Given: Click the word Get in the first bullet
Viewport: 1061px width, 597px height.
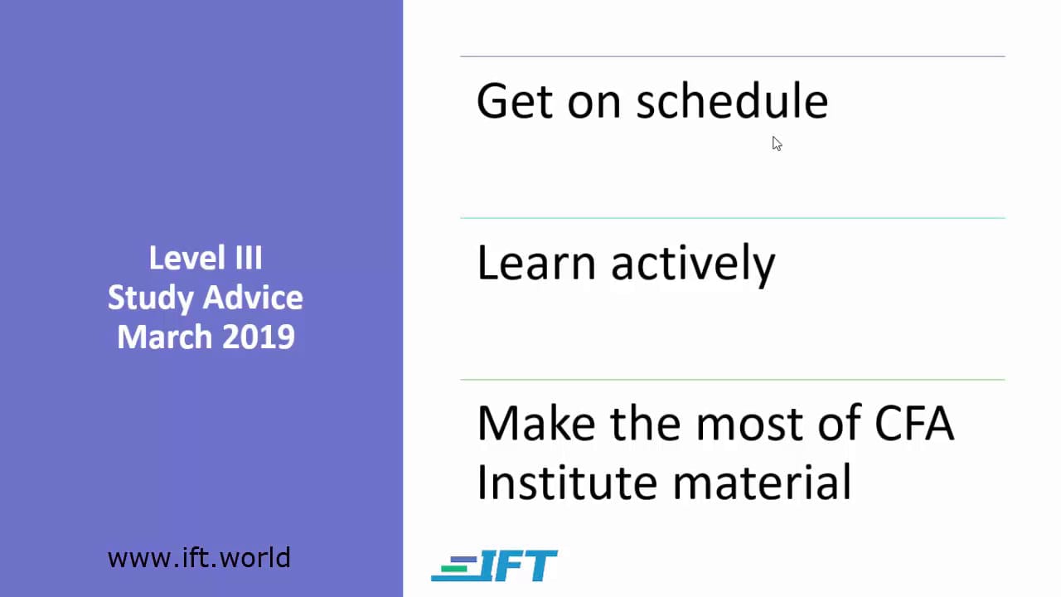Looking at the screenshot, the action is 515,101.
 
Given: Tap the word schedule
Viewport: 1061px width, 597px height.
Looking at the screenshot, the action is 732,100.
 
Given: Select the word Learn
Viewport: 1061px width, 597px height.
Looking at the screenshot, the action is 535,262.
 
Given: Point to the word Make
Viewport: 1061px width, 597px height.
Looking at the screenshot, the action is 536,423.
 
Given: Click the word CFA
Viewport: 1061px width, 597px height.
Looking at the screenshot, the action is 914,423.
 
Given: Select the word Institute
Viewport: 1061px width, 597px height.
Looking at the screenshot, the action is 567,482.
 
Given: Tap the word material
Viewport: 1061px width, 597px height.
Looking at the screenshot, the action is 762,482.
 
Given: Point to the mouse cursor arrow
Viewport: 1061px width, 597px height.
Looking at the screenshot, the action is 777,143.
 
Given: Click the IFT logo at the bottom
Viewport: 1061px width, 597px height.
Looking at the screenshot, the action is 494,565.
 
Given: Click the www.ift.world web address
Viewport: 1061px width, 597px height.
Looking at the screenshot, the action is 199,558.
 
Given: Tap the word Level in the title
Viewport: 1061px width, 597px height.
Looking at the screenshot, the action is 187,258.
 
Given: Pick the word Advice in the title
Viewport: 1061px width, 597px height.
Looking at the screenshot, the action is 254,298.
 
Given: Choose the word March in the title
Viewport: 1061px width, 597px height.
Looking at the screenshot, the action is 164,337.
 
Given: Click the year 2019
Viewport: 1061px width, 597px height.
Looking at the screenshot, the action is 259,337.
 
